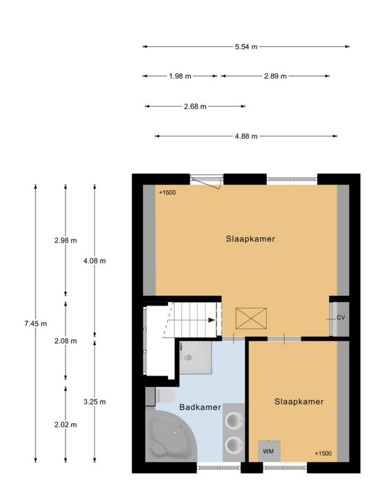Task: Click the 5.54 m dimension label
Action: click(246, 47)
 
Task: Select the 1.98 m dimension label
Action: click(180, 76)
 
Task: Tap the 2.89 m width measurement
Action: click(275, 76)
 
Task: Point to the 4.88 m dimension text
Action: click(246, 136)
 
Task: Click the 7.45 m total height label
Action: click(36, 324)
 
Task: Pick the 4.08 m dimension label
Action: click(95, 261)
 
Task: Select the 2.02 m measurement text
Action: click(66, 424)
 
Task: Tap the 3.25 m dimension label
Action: click(95, 402)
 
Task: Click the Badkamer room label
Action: click(200, 407)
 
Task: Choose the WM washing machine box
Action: click(269, 451)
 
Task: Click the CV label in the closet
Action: click(341, 318)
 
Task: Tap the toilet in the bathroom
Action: click(165, 396)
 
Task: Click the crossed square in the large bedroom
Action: click(251, 318)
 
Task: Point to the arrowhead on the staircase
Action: click(211, 320)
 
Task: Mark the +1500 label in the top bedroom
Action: click(168, 193)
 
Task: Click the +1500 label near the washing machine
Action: click(323, 453)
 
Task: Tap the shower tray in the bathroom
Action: click(196, 358)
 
